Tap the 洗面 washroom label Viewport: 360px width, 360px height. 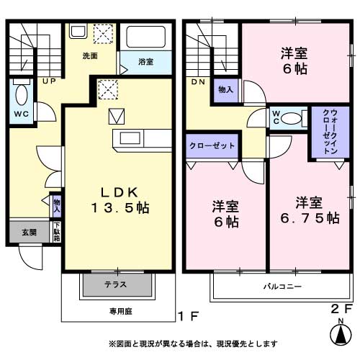point(90,55)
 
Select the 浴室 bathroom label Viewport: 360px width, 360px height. point(145,62)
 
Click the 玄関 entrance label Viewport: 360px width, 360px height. point(28,232)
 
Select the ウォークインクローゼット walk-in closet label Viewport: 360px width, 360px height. point(328,132)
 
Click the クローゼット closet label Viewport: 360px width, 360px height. point(212,145)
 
